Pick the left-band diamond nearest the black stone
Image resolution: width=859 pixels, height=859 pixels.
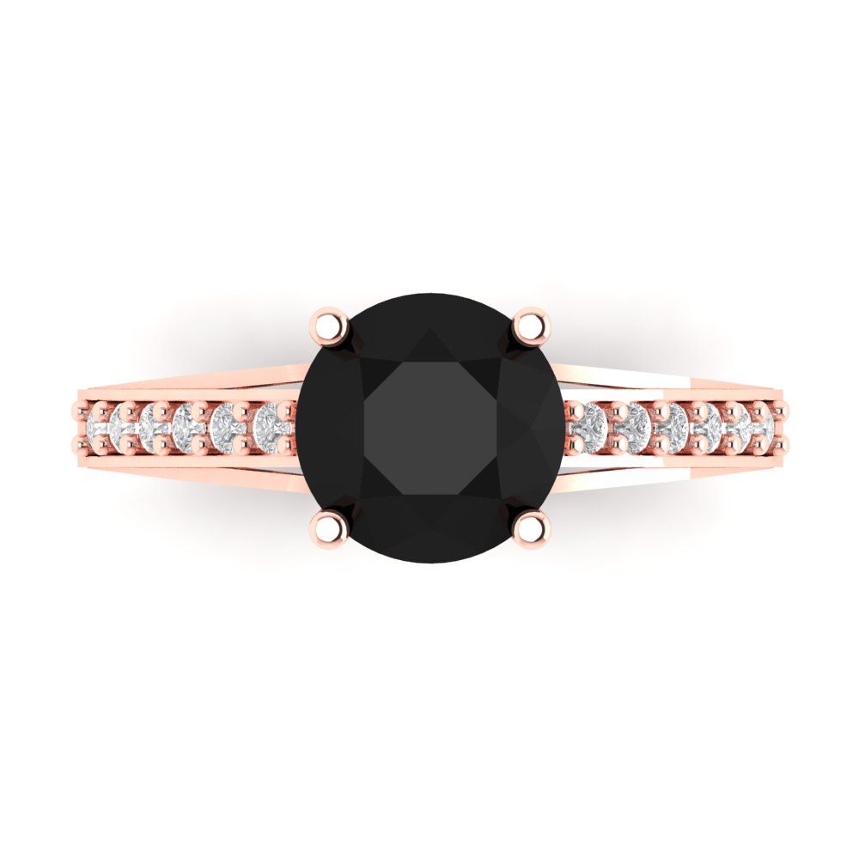[271, 423]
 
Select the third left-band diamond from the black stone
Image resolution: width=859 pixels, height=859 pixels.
[188, 423]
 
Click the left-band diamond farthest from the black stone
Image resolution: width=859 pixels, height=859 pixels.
[97, 423]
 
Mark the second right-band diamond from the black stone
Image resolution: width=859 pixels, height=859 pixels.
[635, 423]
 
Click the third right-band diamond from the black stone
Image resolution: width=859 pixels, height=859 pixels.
[673, 423]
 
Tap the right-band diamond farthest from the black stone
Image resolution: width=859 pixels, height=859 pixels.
[762, 423]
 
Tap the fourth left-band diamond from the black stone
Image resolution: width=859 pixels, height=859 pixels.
[155, 423]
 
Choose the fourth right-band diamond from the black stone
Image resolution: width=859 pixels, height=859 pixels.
[707, 423]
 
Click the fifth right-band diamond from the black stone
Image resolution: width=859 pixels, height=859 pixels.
[737, 423]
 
